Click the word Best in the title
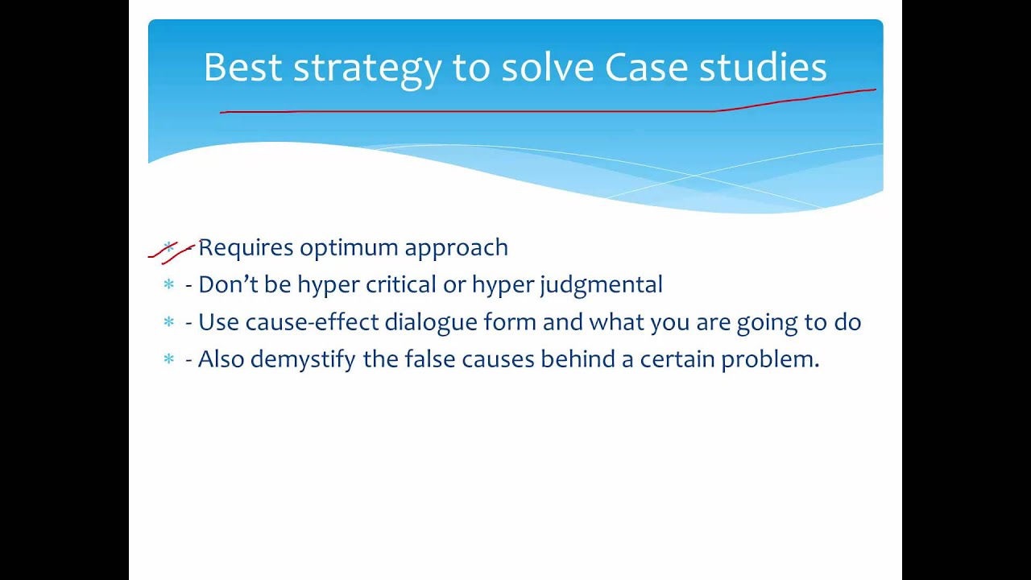242,67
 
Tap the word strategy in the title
366,70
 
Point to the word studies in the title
763,67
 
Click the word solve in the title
547,67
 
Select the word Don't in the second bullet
228,284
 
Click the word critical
400,284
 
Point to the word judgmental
601,285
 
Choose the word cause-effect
312,321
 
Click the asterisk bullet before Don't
169,284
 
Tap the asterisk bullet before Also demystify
169,358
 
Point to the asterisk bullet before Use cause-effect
169,321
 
